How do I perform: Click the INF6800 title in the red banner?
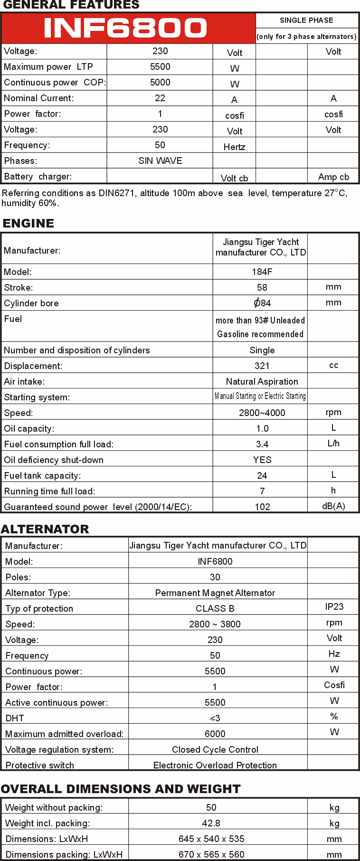125,28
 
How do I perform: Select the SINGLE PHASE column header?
306,20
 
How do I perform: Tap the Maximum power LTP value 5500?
160,67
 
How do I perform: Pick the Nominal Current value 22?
160,98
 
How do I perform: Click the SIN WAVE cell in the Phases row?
160,161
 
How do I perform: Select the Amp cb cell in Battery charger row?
333,177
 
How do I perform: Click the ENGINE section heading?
28,223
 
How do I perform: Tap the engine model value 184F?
262,272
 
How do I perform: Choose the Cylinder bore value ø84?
262,303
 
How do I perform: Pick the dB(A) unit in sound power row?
333,506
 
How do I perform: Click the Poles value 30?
215,577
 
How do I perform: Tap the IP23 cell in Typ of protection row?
334,607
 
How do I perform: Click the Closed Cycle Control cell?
215,750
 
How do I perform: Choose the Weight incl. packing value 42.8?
211,823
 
